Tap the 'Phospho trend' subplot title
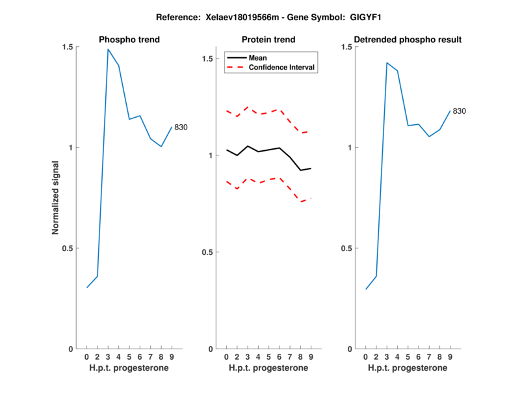point(129,40)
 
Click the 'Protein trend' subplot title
point(269,40)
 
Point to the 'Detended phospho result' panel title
point(408,40)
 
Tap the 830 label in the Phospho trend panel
point(181,127)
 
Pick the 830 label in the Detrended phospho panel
point(459,111)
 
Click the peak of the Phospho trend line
point(108,49)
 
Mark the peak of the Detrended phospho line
point(387,63)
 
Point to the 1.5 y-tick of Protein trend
point(208,59)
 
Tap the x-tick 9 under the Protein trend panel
point(311,357)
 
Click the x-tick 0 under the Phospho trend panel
point(86,357)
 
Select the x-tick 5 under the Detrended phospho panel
point(408,357)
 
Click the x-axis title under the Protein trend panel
point(268,368)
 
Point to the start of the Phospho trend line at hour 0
point(86,288)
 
